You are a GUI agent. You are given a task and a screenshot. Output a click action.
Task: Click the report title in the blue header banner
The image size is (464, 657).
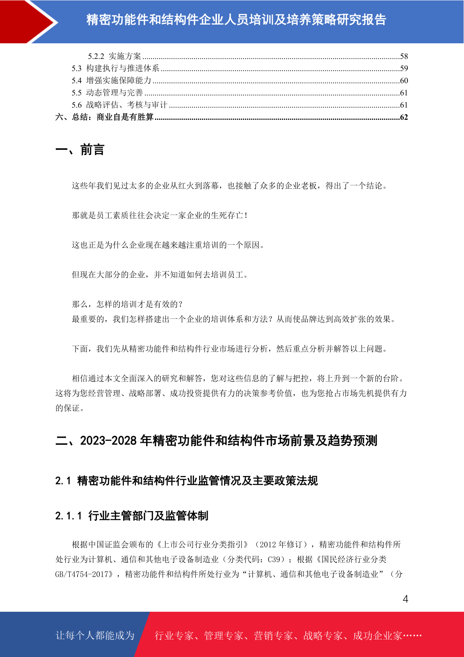pos(236,20)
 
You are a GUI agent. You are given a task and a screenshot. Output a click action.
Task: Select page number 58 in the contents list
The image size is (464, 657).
pos(404,56)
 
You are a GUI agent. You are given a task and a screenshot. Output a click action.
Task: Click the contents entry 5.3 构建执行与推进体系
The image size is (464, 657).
pos(115,68)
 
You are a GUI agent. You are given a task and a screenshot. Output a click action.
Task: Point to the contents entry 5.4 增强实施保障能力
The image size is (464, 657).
pos(111,80)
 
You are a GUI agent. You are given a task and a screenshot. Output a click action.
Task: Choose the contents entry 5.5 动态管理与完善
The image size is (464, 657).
pos(107,93)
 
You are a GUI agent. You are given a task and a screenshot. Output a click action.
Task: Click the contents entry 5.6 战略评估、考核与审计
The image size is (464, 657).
pos(119,105)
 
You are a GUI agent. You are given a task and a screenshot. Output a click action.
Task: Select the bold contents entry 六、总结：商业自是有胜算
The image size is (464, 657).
pos(104,117)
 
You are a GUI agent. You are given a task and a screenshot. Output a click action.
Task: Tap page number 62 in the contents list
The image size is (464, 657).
pos(404,117)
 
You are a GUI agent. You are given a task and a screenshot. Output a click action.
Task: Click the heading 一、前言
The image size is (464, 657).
pos(80,150)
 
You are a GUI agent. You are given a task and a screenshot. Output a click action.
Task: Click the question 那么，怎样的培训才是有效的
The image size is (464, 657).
pos(127,304)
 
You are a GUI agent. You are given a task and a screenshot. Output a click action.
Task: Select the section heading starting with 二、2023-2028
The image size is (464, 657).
pos(216,441)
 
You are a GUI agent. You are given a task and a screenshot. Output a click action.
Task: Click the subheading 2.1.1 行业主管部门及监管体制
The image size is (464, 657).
pos(132,516)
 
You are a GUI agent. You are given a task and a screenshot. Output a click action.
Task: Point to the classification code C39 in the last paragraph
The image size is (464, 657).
pos(274,559)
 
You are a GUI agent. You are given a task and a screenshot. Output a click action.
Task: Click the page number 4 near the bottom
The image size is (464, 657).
pos(405,599)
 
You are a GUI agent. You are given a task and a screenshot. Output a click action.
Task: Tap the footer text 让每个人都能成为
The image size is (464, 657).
pos(95,636)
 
